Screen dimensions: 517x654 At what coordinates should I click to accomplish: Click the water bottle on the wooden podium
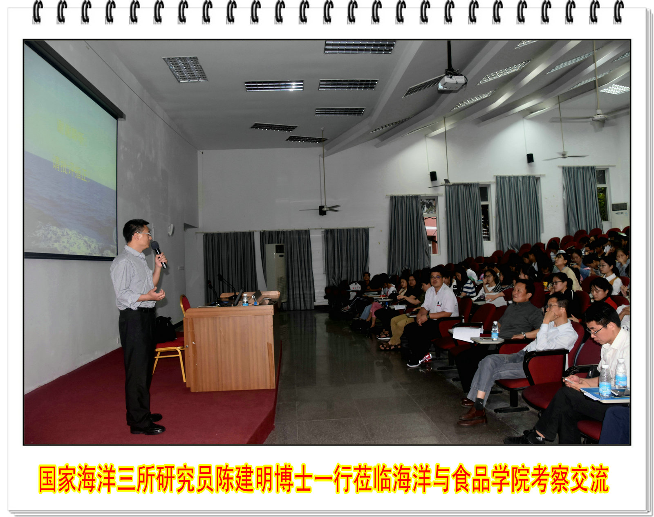[x=245, y=299]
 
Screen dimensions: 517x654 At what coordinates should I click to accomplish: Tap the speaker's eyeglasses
[x=144, y=234]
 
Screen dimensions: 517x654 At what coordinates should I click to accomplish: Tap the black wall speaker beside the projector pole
[x=433, y=176]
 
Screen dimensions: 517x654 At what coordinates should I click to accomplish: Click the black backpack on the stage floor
[x=164, y=329]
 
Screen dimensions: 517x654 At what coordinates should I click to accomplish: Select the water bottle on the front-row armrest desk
[x=495, y=331]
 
